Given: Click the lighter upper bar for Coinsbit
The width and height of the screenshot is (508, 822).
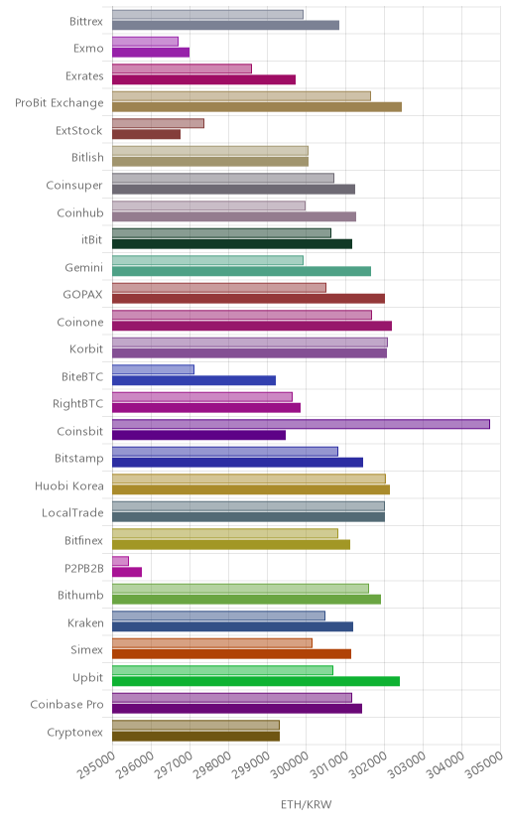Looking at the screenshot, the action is click(x=302, y=424).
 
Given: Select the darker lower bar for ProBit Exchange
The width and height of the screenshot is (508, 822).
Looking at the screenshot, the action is click(x=257, y=107).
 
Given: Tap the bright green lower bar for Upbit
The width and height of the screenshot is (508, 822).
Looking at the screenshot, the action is click(x=256, y=681).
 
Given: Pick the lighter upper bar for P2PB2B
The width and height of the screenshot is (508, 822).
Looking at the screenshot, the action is click(x=120, y=561).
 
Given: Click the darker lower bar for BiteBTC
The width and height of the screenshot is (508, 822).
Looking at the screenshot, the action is click(x=193, y=380).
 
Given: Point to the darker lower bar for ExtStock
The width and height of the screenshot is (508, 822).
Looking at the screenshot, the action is click(x=146, y=134).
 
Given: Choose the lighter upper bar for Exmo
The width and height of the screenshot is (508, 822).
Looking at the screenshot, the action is click(x=145, y=42).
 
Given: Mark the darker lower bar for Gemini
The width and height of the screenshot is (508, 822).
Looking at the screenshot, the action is click(x=241, y=271).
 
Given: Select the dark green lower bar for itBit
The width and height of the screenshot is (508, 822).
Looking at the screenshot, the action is click(x=232, y=244).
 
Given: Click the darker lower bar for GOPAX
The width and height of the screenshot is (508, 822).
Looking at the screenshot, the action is click(x=248, y=298).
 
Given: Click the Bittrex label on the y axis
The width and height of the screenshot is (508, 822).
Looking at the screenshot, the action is click(x=86, y=22).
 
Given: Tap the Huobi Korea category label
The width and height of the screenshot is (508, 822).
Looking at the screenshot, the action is click(x=69, y=486).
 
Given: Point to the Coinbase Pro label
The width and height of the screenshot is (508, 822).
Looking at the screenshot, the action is click(x=67, y=705).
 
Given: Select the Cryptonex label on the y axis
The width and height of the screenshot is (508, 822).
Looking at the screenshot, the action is click(x=74, y=733).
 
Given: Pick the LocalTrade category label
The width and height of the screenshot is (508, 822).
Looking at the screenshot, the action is click(x=72, y=512).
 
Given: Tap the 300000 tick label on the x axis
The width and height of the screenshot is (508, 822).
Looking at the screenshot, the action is click(x=290, y=764).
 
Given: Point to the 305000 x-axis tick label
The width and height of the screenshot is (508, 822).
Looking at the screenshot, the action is click(x=484, y=764).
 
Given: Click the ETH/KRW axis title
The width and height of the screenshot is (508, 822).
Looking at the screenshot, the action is click(x=307, y=805).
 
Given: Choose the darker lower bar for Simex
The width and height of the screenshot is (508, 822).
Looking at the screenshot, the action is click(x=231, y=653).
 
